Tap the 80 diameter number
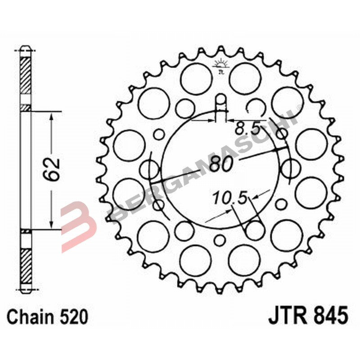221,164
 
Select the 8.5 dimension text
247,130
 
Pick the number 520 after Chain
72,316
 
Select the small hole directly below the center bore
220,240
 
